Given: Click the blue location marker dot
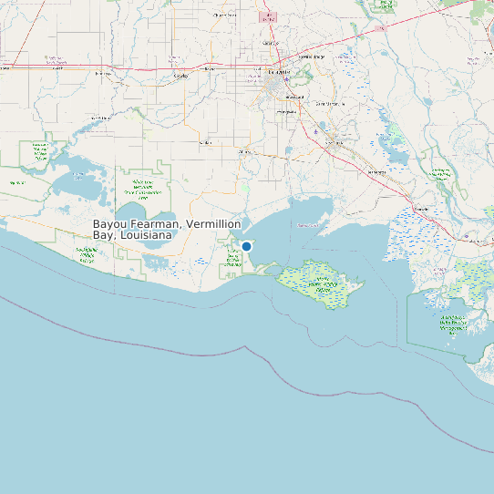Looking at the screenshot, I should (x=246, y=246).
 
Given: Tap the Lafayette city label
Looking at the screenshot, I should (x=280, y=71).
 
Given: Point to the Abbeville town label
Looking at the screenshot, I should (x=244, y=151).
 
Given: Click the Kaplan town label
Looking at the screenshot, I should (x=206, y=142).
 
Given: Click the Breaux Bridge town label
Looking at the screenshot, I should (x=312, y=57).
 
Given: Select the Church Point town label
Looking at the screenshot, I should (x=223, y=15).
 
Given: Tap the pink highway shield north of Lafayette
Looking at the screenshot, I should (x=268, y=17).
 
